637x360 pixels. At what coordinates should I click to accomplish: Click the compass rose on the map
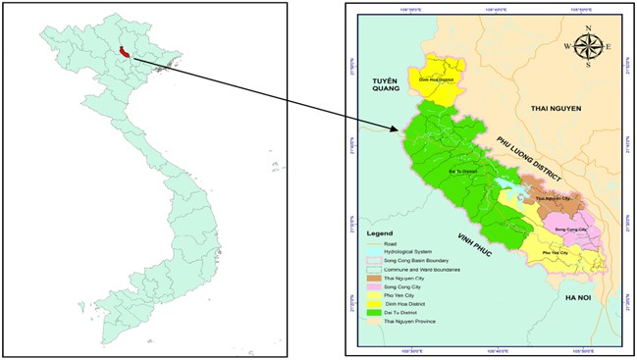coord(588,45)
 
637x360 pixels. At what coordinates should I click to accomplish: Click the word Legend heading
coord(380,234)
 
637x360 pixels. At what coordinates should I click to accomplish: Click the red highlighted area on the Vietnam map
coord(123,53)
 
